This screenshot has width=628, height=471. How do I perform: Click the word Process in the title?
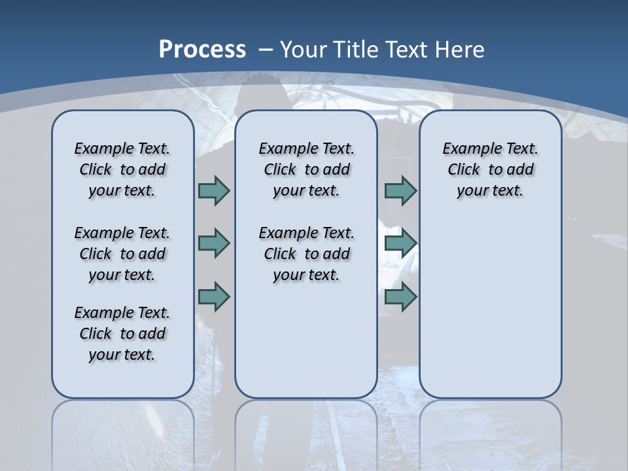pos(202,49)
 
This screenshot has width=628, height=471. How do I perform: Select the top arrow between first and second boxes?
pos(214,190)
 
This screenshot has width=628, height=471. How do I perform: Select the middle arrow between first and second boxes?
pos(214,243)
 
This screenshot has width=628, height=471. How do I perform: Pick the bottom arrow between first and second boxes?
pos(214,297)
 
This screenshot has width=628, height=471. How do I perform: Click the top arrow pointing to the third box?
pos(400,190)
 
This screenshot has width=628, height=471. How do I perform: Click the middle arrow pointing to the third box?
pos(400,243)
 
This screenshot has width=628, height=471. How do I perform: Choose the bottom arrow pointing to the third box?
pos(400,297)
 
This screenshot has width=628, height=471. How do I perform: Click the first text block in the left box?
pos(122,169)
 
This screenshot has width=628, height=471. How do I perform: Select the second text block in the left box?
pos(122,254)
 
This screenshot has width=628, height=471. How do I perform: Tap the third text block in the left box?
pos(122,334)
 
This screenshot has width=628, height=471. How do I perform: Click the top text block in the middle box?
pos(306,169)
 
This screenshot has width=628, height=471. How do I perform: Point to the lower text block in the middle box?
pos(306,254)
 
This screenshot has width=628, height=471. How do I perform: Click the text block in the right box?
pos(490,169)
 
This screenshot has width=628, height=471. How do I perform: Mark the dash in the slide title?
pos(266,49)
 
